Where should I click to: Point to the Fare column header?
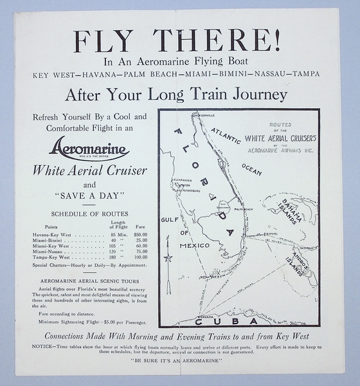coord(140,226)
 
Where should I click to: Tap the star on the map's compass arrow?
coord(168,259)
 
